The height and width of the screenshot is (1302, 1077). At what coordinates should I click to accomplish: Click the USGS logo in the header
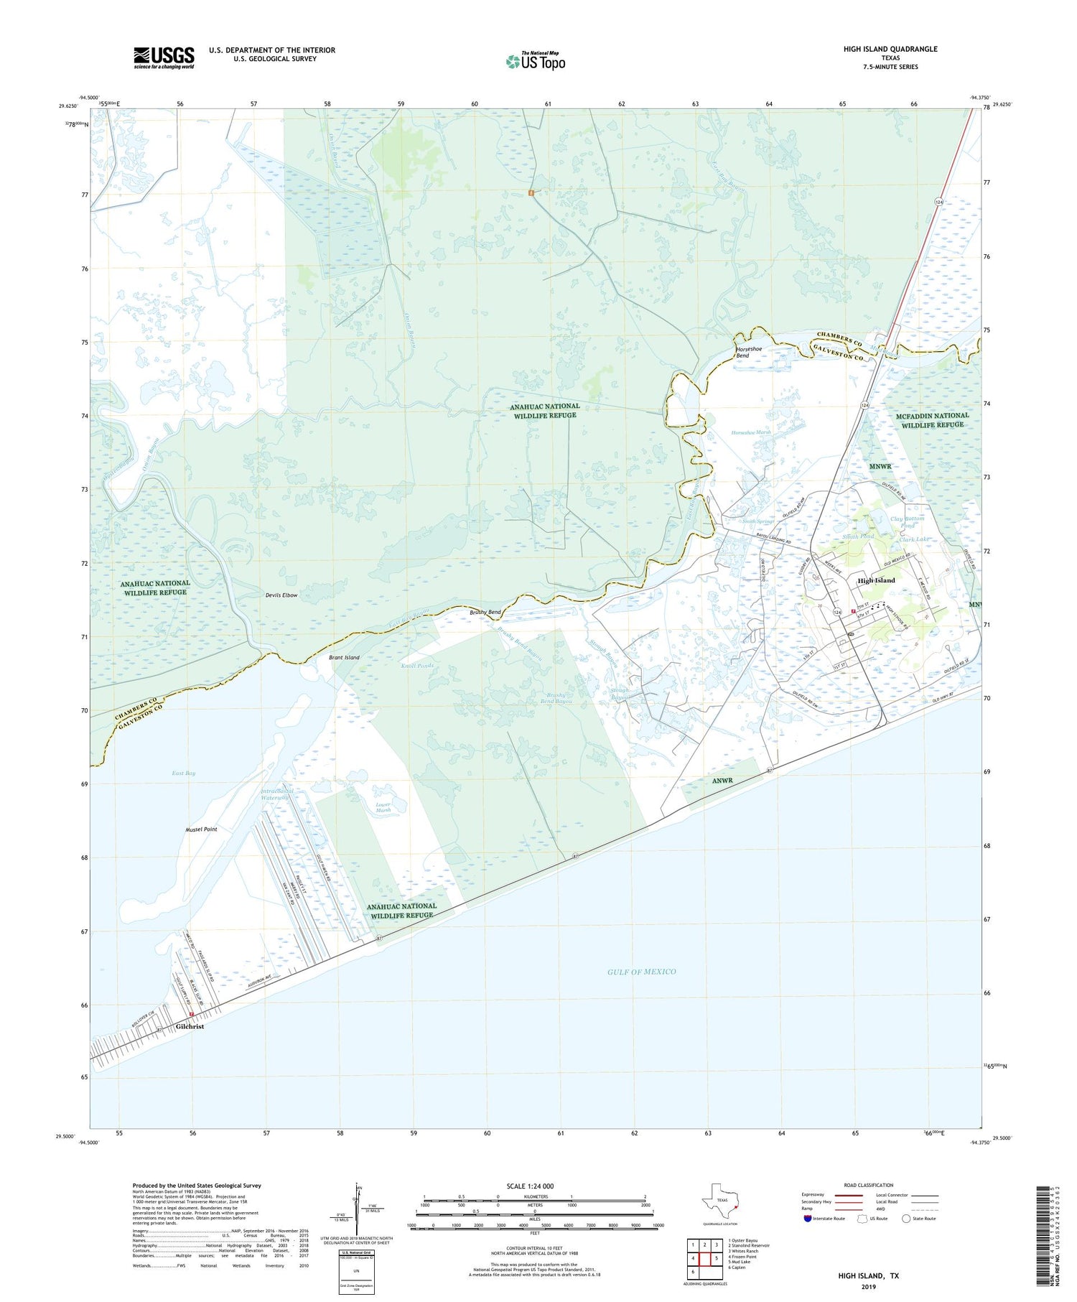click(164, 57)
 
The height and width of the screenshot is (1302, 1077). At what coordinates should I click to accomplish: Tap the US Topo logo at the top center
click(535, 61)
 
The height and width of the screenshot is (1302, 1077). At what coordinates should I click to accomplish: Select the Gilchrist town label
click(190, 1026)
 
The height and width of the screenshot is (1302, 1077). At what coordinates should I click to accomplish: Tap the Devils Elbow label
click(281, 595)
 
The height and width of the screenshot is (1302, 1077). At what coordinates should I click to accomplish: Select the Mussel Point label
click(201, 829)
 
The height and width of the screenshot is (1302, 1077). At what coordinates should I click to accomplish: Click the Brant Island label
click(344, 657)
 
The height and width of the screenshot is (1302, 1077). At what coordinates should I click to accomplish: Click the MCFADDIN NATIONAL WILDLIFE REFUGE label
click(932, 419)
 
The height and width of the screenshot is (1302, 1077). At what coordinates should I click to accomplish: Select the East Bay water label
click(184, 773)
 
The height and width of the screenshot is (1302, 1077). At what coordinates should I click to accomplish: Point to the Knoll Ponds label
click(417, 666)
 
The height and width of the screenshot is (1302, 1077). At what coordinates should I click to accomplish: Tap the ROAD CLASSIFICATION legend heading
click(869, 1185)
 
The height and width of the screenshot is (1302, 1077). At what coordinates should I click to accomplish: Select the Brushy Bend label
click(485, 611)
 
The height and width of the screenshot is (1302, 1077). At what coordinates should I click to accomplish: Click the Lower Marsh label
click(383, 807)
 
